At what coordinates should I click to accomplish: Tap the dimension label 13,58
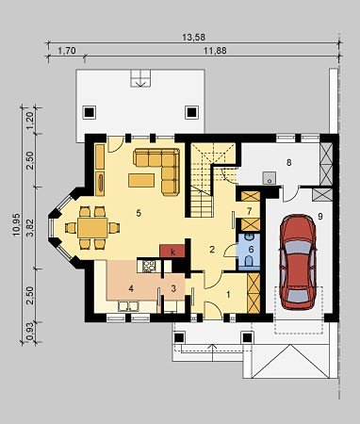(193, 37)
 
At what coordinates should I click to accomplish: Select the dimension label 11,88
(215, 51)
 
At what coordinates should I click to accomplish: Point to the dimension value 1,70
(67, 51)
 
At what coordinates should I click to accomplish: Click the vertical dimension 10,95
(16, 224)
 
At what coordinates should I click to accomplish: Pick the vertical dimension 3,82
(30, 226)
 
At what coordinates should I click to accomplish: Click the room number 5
(139, 213)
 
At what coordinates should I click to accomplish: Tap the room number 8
(288, 162)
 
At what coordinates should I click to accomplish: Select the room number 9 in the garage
(320, 216)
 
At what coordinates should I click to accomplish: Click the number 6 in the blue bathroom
(251, 249)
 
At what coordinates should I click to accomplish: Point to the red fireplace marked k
(172, 251)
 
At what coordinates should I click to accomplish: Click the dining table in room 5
(92, 228)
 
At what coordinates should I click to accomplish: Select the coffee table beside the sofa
(141, 180)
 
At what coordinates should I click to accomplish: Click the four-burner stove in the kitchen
(149, 267)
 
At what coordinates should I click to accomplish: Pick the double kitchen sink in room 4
(128, 306)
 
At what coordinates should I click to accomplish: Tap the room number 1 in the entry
(229, 295)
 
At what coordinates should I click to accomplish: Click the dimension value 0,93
(30, 332)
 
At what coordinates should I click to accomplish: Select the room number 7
(250, 211)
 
